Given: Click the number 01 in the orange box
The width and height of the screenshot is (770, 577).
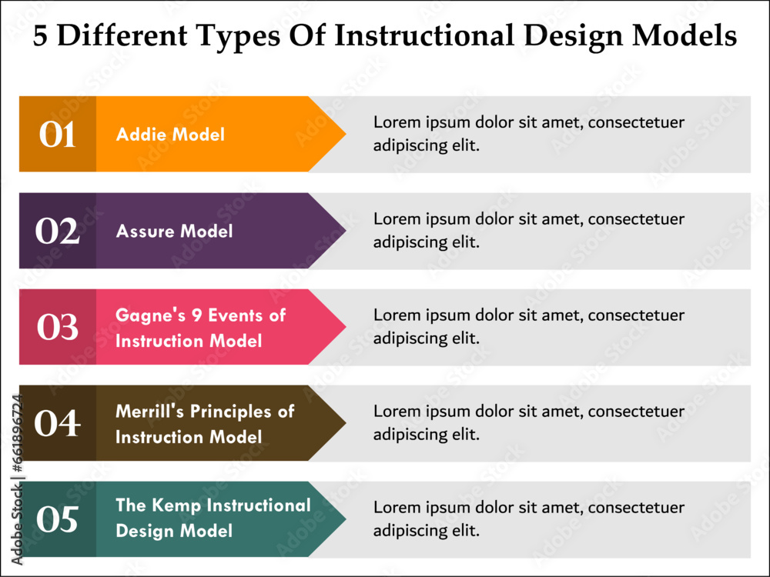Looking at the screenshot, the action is [58, 135].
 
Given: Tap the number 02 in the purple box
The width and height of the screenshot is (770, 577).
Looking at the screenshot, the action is [58, 231].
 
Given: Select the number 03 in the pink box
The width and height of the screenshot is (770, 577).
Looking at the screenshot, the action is [58, 327].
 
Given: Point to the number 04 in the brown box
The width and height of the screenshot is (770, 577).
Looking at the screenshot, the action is [58, 423].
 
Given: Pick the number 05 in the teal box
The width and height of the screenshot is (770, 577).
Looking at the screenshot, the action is [58, 519].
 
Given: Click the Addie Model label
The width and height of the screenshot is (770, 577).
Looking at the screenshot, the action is [170, 135].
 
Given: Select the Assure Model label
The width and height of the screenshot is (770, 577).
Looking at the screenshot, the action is [174, 231].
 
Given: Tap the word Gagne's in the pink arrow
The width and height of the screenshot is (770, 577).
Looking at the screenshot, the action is [151, 315].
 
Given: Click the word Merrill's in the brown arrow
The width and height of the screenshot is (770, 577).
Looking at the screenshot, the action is [150, 411].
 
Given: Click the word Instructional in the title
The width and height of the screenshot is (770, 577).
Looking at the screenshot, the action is [424, 35].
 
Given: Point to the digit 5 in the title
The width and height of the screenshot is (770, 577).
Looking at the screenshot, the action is [40, 36].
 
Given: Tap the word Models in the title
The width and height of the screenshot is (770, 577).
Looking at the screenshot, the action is [685, 35].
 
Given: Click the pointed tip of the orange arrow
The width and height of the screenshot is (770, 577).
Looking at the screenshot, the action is [346, 134].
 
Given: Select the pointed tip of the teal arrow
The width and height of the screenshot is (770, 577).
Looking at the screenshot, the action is [346, 519].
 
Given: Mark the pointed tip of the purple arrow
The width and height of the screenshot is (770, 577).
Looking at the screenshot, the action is [346, 231].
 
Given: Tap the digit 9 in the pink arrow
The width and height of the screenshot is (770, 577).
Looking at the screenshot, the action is [197, 315].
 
